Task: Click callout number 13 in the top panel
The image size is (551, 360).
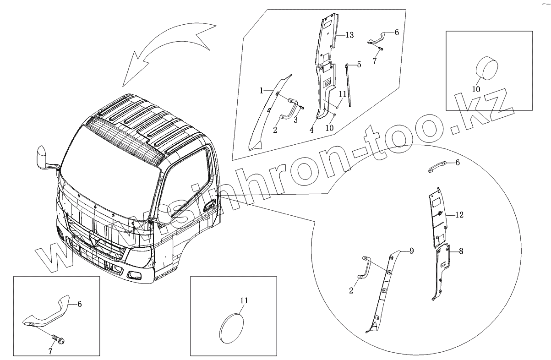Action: click(349, 35)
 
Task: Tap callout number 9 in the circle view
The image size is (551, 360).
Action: click(411, 251)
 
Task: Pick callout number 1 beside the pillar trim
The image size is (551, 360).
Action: click(262, 91)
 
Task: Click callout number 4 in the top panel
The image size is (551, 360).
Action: click(311, 130)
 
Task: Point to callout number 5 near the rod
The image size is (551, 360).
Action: click(359, 65)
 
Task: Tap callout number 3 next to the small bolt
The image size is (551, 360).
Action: click(295, 120)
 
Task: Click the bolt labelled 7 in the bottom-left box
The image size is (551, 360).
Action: click(58, 339)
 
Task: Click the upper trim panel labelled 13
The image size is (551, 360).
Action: click(327, 39)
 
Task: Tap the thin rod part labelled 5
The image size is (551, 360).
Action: click(349, 85)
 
